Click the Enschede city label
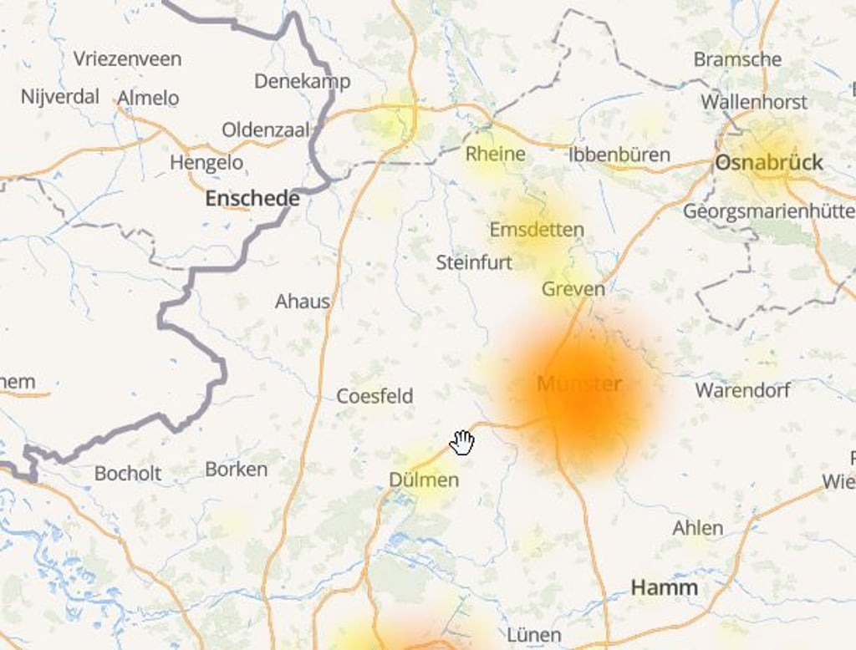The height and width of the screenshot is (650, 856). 252,199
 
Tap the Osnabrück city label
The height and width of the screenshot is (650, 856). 768,163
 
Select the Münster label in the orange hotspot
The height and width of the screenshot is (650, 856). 579,384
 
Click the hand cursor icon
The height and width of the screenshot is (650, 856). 462,443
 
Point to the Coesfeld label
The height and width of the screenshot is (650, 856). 374,396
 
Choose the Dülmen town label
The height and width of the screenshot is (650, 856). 424,480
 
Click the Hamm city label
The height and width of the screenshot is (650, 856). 664,587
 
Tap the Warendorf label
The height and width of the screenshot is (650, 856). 742,390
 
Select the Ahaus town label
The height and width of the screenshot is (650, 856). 303,301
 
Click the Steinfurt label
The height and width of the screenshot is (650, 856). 474,262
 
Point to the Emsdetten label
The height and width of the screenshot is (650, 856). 537,230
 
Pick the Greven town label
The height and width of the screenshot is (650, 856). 573,289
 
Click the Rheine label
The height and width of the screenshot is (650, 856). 495,154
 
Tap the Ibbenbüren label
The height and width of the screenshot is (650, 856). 619,155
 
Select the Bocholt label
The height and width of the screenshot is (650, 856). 128,474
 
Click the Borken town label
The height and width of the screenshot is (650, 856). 237,470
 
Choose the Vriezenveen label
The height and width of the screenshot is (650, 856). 127,59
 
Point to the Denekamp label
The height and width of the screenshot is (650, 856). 302,81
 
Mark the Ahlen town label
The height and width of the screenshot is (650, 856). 697,528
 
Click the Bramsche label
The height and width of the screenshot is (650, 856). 737,59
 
